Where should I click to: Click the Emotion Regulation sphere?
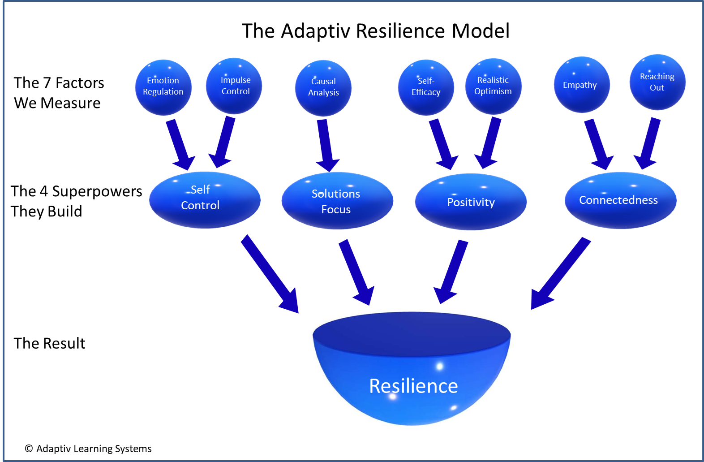point(163,87)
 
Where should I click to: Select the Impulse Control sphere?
point(234,86)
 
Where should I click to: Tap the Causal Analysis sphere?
point(323,88)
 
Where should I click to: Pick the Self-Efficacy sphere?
point(426,87)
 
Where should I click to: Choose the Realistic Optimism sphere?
point(493,86)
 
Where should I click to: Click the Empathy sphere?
point(581,84)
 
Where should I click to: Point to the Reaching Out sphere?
point(657,82)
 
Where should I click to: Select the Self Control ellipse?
point(205,200)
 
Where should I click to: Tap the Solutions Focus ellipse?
point(337,201)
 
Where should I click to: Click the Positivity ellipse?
point(471,202)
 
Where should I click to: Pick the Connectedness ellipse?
point(620,200)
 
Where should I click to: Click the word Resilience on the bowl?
point(413,386)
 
